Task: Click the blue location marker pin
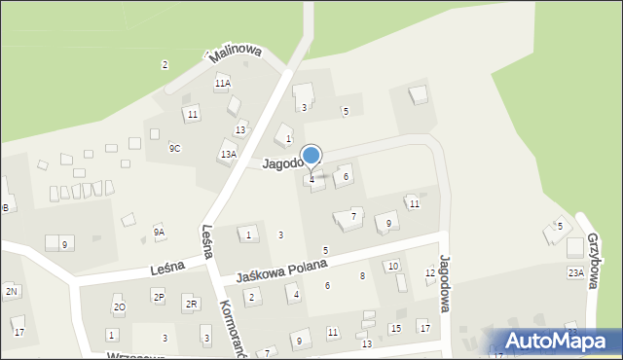point(311,156)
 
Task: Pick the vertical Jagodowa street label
point(446,283)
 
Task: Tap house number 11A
point(223,84)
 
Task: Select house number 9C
point(174,148)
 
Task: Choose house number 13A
point(229,154)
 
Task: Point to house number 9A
point(159,232)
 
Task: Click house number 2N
point(12,291)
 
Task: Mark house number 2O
point(119,306)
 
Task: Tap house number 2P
point(158,296)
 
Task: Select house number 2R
point(192,305)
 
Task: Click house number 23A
point(575,273)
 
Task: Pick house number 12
point(430,273)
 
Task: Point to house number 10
point(392,266)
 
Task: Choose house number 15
point(395,328)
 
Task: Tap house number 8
point(362,276)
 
